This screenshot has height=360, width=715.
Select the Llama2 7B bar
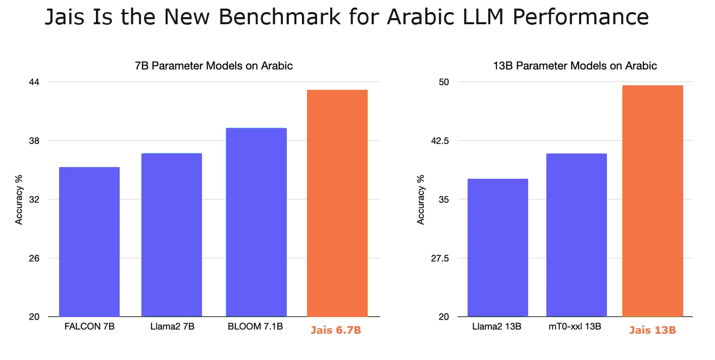click(x=172, y=235)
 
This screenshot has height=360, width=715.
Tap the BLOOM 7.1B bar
click(x=256, y=222)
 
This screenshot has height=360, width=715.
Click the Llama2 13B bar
click(x=498, y=247)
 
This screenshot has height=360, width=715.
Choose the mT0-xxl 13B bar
click(x=577, y=235)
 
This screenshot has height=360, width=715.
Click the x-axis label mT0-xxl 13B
click(x=575, y=327)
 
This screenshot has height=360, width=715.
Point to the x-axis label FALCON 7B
click(x=89, y=327)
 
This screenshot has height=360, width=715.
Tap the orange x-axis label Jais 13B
click(x=652, y=330)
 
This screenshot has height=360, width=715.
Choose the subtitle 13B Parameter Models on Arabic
click(x=575, y=66)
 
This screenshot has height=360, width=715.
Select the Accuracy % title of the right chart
click(x=421, y=199)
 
